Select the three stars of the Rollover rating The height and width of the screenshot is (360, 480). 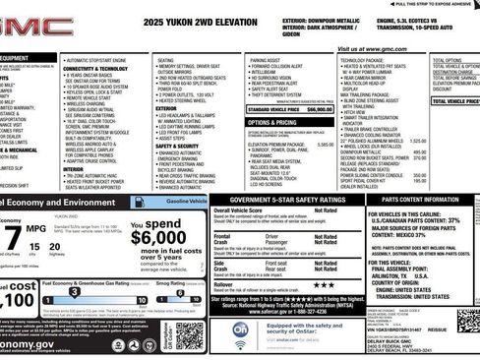[x=326, y=284]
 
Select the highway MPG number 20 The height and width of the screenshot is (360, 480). [x=57, y=249]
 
